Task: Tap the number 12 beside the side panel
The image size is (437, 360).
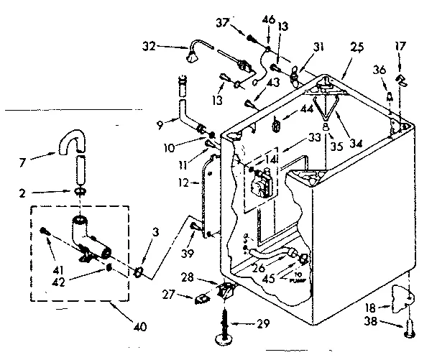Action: [184, 183]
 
